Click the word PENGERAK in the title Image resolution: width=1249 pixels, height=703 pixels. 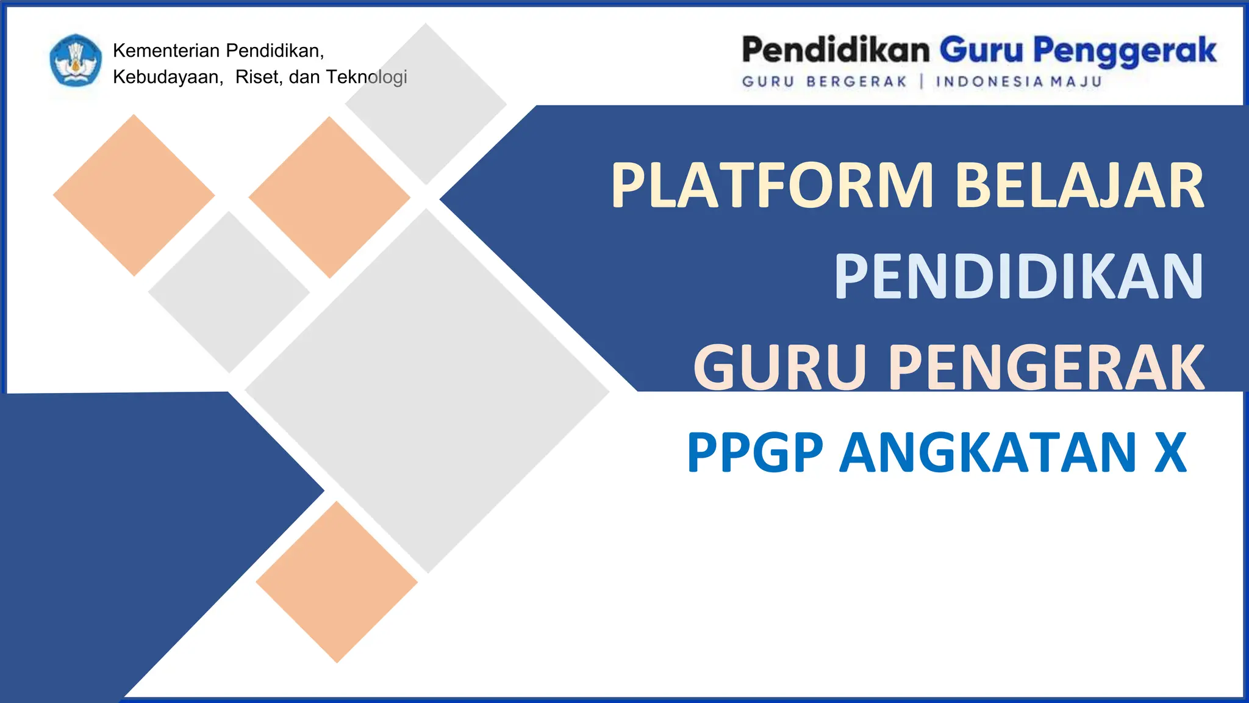click(x=1046, y=367)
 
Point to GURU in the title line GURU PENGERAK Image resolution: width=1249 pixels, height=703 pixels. click(x=779, y=367)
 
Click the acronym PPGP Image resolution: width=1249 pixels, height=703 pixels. click(x=755, y=453)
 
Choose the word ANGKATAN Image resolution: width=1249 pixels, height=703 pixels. click(x=988, y=453)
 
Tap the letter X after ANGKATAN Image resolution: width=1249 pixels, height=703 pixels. click(x=1170, y=453)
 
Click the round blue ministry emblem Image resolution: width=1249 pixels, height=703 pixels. click(x=76, y=60)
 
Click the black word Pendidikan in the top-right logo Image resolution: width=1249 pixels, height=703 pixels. click(x=836, y=51)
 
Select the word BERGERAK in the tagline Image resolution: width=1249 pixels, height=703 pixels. click(x=856, y=82)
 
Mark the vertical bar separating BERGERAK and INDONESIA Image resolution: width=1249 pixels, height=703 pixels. click(x=922, y=82)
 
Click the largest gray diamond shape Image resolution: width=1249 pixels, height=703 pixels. click(x=427, y=391)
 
